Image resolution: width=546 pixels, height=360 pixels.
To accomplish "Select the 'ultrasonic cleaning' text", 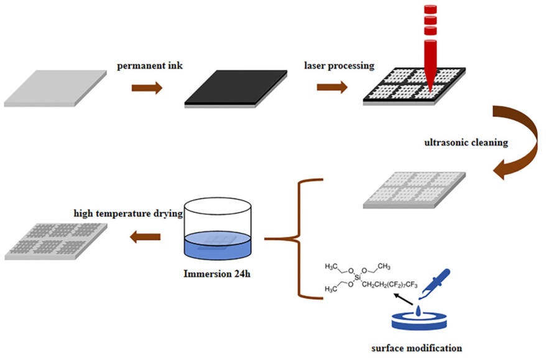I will (466, 142).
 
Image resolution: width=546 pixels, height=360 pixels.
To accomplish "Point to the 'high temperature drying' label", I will (127, 213).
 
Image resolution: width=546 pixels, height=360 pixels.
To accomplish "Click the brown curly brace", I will (298, 239).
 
